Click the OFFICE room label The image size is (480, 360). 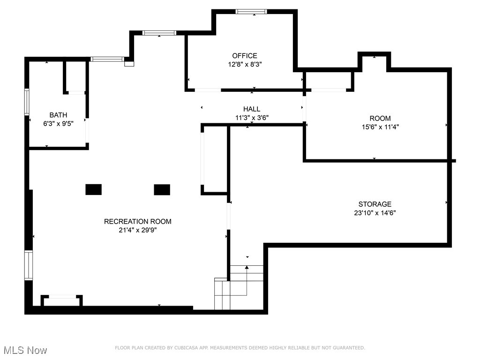[x=244, y=56]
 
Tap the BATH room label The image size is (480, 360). [x=58, y=115]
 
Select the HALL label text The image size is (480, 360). [x=252, y=109]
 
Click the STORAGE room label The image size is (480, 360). [x=375, y=204]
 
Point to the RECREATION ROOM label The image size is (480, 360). [x=137, y=221]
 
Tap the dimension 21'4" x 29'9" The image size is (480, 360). [x=137, y=230]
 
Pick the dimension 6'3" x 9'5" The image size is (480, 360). [x=58, y=123]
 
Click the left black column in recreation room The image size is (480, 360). [x=93, y=189]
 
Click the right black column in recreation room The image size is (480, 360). [x=162, y=189]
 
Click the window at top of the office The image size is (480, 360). [x=251, y=12]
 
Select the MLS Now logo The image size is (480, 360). [x=24, y=350]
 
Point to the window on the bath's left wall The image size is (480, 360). [x=27, y=102]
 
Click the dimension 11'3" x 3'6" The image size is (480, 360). [x=252, y=118]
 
